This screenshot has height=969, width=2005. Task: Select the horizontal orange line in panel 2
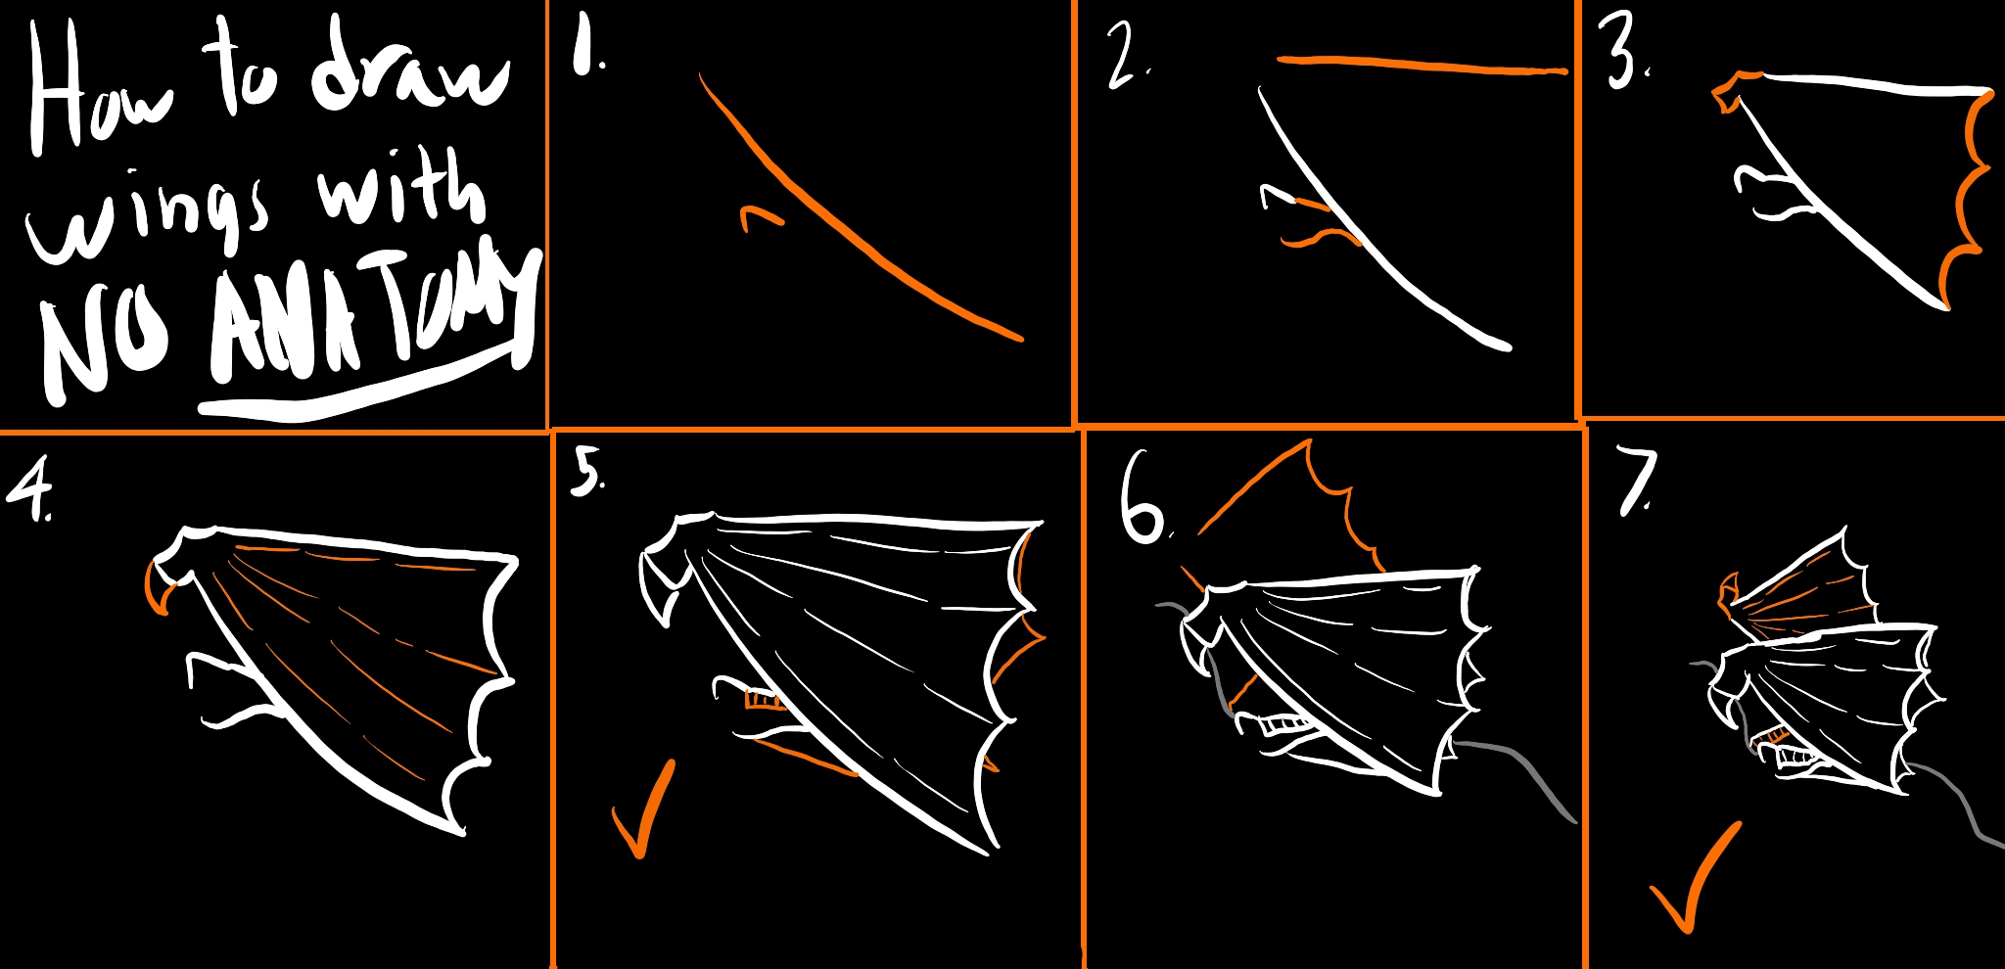[x=1422, y=65]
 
